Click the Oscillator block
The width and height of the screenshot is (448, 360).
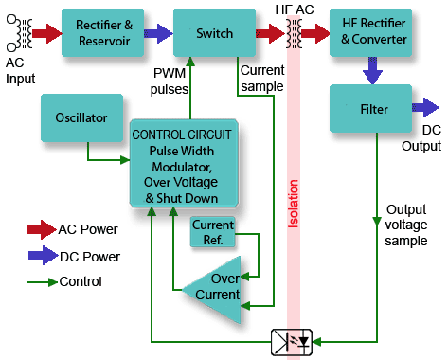pos(81,119)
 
